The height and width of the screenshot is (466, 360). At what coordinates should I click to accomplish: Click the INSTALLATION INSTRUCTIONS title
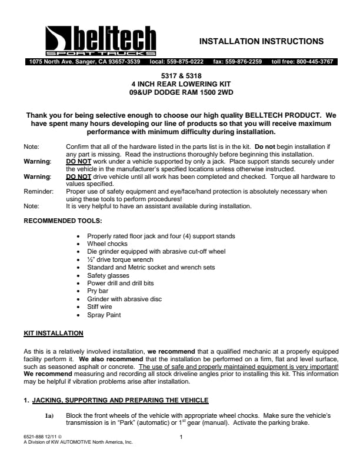(x=261, y=41)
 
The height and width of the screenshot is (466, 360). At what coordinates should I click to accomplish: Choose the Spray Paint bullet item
(x=104, y=315)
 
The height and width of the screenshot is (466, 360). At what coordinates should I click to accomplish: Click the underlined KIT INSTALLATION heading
(x=53, y=334)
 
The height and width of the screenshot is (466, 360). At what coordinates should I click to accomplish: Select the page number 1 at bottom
(x=181, y=437)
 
